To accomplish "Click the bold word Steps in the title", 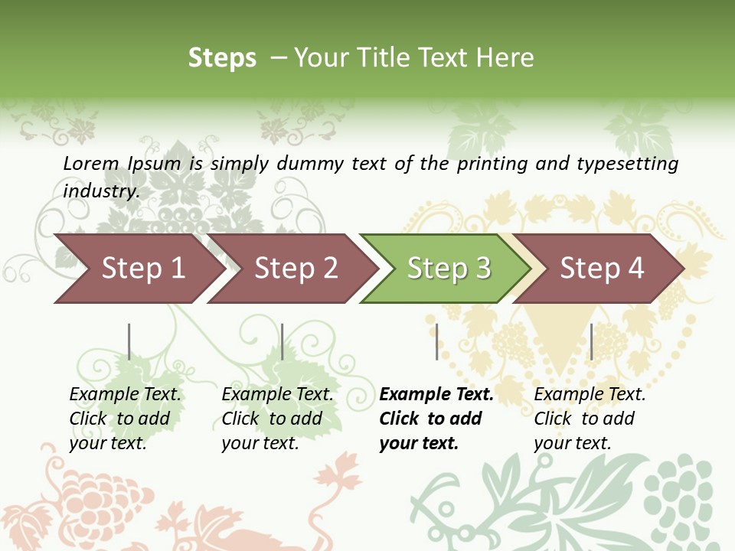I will pyautogui.click(x=222, y=58).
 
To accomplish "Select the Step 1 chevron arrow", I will pyautogui.click(x=142, y=269).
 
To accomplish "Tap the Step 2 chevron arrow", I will pyautogui.click(x=296, y=269).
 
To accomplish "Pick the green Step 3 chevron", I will pyautogui.click(x=448, y=269).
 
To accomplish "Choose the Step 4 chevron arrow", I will pyautogui.click(x=601, y=269).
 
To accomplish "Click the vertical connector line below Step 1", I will pyautogui.click(x=129, y=341).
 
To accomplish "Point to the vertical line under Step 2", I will pyautogui.click(x=283, y=341).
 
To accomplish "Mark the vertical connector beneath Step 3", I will pyautogui.click(x=437, y=341).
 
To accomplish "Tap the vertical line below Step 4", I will pyautogui.click(x=591, y=341).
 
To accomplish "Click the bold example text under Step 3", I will pyautogui.click(x=436, y=419).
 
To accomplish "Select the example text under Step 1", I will pyautogui.click(x=125, y=419).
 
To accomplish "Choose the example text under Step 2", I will pyautogui.click(x=277, y=419).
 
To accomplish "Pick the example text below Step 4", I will pyautogui.click(x=590, y=419).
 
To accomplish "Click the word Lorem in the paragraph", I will pyautogui.click(x=91, y=163).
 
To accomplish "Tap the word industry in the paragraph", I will pyautogui.click(x=100, y=191).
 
